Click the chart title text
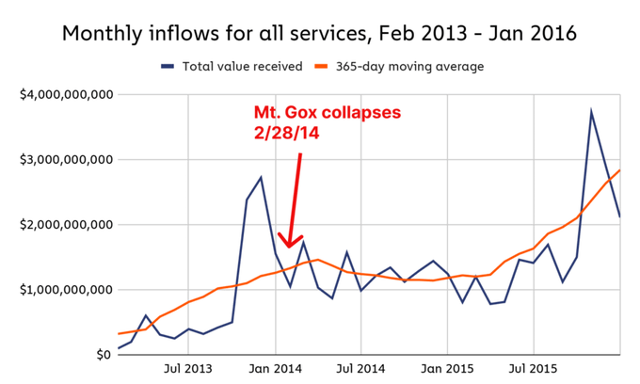point(319,34)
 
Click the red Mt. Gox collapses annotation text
point(327,113)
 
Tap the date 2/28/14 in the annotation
point(288,135)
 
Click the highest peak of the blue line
point(591,112)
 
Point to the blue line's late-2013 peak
point(261,177)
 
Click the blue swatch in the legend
point(168,67)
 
